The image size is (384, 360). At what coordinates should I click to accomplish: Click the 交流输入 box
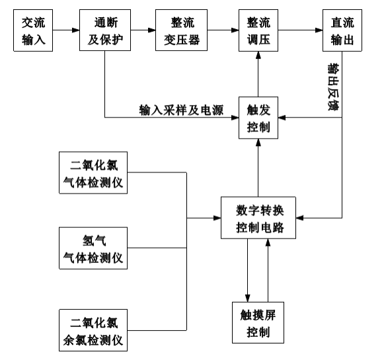coord(33,30)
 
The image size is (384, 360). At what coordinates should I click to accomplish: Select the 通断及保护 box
coord(105,30)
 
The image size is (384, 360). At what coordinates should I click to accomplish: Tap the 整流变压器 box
coord(182,30)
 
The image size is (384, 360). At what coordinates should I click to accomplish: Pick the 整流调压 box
coord(258,30)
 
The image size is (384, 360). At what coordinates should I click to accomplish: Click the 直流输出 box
coord(342,30)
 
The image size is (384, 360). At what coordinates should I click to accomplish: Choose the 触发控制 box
coord(258,118)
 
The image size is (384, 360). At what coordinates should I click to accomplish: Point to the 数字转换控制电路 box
coord(258,217)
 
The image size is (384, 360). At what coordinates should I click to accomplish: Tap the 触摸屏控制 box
coord(258,322)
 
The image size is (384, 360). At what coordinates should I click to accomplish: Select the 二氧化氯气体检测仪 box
coord(93,172)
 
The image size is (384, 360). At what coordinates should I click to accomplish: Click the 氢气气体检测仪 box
coord(93,248)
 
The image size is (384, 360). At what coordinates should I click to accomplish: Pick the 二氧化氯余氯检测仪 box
coord(93,330)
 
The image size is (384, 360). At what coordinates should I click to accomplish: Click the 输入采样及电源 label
coord(182,110)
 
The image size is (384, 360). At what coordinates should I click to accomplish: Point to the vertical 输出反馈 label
coord(333,87)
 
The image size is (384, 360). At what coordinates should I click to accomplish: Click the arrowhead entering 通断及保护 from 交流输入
coord(76,30)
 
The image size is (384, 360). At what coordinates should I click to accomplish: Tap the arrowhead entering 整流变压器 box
coord(152,30)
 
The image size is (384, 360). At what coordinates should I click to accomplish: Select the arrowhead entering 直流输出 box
coord(319,30)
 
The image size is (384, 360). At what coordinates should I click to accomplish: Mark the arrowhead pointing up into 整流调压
coord(258,55)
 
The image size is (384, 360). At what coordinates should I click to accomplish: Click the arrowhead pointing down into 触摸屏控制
coord(248,299)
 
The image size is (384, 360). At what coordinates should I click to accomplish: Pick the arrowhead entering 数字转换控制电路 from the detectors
coord(217,218)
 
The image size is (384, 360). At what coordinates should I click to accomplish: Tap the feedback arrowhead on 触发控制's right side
coord(282,118)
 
